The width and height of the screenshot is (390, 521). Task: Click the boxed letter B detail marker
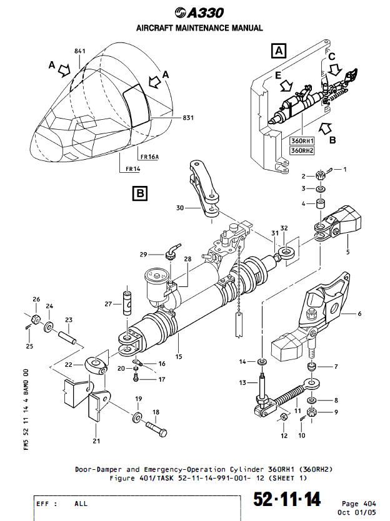(140, 194)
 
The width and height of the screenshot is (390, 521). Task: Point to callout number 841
(79, 51)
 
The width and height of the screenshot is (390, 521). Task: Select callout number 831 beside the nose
(188, 117)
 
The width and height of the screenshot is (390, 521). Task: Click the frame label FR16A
(149, 156)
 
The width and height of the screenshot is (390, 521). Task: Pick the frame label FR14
(132, 169)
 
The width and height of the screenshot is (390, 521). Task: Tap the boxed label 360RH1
(302, 141)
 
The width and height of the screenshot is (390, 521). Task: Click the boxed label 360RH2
(302, 150)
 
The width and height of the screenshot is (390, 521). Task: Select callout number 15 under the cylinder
(179, 357)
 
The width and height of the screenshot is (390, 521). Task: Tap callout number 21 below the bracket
(95, 441)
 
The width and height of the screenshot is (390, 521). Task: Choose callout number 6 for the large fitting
(359, 314)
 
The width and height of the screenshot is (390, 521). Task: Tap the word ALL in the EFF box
(81, 503)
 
